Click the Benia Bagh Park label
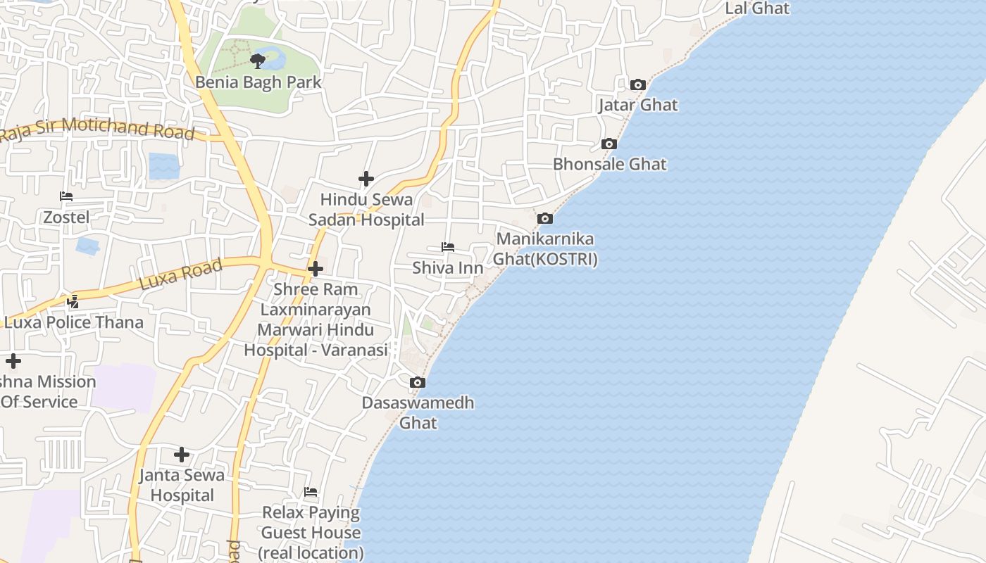pyautogui.click(x=258, y=82)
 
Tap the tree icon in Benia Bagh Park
pyautogui.click(x=258, y=61)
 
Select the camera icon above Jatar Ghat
pyautogui.click(x=638, y=85)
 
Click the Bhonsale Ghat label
pyautogui.click(x=609, y=164)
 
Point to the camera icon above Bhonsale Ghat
pyautogui.click(x=609, y=144)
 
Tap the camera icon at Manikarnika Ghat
pyautogui.click(x=544, y=219)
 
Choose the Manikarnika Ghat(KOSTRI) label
pyautogui.click(x=545, y=249)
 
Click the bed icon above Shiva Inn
pyautogui.click(x=448, y=247)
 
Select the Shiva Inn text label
pyautogui.click(x=448, y=268)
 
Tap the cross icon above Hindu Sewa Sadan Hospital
pyautogui.click(x=366, y=179)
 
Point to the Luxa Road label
pyautogui.click(x=181, y=274)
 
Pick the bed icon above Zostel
pyautogui.click(x=66, y=196)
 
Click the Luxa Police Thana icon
pyautogui.click(x=73, y=302)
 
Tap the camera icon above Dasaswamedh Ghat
pyautogui.click(x=418, y=383)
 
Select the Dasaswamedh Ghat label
pyautogui.click(x=418, y=413)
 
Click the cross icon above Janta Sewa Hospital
pyautogui.click(x=182, y=455)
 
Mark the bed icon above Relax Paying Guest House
pyautogui.click(x=311, y=492)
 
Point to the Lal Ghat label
pyautogui.click(x=757, y=8)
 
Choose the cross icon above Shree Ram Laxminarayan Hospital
pyautogui.click(x=316, y=269)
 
